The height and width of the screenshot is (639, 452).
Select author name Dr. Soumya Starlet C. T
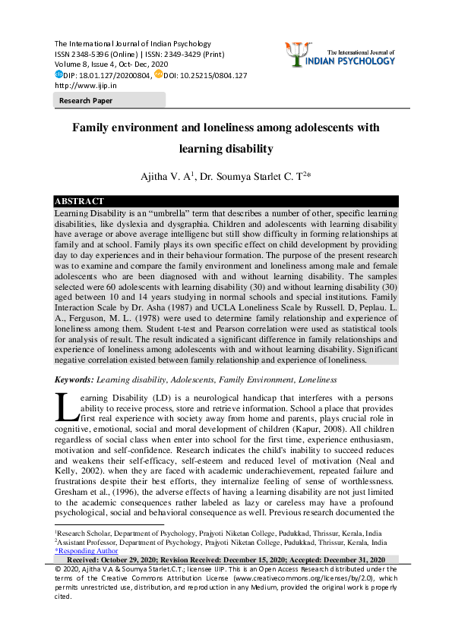254,176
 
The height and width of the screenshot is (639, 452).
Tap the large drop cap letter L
65,408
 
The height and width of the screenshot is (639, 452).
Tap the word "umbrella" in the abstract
158,215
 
